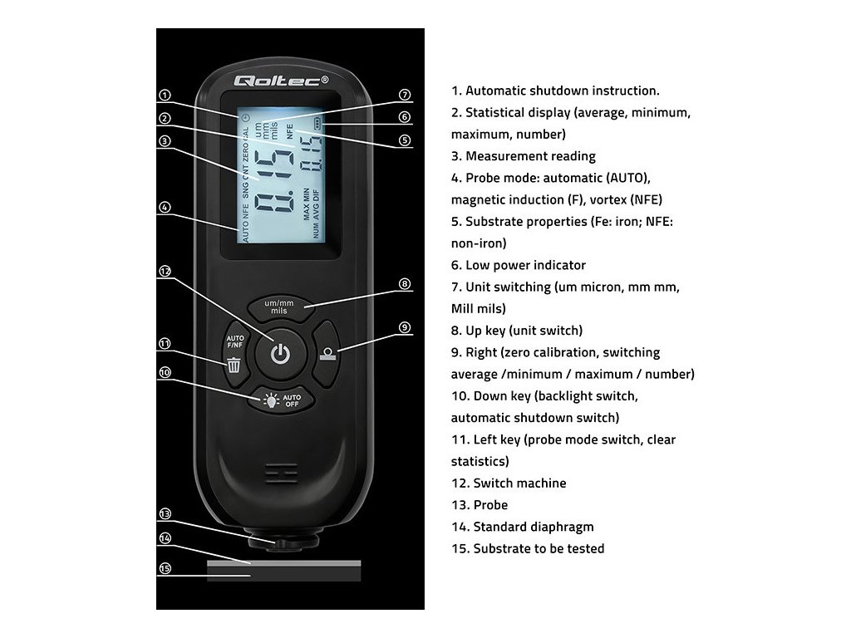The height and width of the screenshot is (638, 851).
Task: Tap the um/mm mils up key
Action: pyautogui.click(x=280, y=306)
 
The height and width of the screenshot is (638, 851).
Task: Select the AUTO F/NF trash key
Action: pyautogui.click(x=234, y=352)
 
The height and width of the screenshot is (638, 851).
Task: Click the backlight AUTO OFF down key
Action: pyautogui.click(x=281, y=400)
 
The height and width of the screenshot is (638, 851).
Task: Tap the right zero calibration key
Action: pyautogui.click(x=328, y=352)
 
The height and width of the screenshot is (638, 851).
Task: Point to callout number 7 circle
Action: pyautogui.click(x=405, y=95)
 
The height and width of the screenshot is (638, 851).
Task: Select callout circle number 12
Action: pyautogui.click(x=165, y=271)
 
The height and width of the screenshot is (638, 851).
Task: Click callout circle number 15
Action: pyautogui.click(x=165, y=568)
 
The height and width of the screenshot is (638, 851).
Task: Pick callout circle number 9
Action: pyautogui.click(x=405, y=327)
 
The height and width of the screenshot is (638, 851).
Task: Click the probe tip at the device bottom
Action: pyautogui.click(x=283, y=543)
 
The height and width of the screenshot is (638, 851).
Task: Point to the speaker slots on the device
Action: pyautogui.click(x=281, y=474)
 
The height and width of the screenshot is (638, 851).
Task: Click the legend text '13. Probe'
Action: pyautogui.click(x=480, y=505)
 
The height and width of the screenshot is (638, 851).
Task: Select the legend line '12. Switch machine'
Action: pyautogui.click(x=509, y=483)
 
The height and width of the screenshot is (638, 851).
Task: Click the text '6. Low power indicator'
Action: pyautogui.click(x=519, y=266)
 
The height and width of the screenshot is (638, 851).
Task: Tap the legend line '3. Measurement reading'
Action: pyautogui.click(x=524, y=156)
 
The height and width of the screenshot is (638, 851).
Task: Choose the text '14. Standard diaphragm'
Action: pyautogui.click(x=523, y=527)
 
